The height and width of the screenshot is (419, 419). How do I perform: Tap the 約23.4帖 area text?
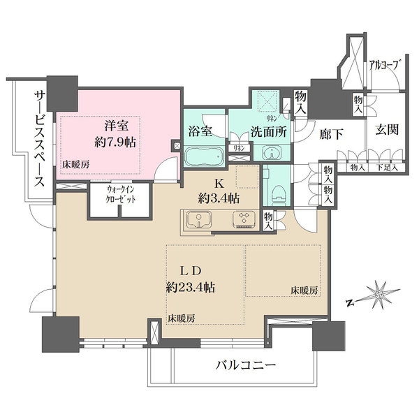pos(189,287)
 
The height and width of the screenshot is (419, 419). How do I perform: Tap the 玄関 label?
pos(385,131)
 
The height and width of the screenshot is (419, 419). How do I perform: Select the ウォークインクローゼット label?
pos(112,193)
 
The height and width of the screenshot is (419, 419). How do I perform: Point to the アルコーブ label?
pos(385,65)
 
